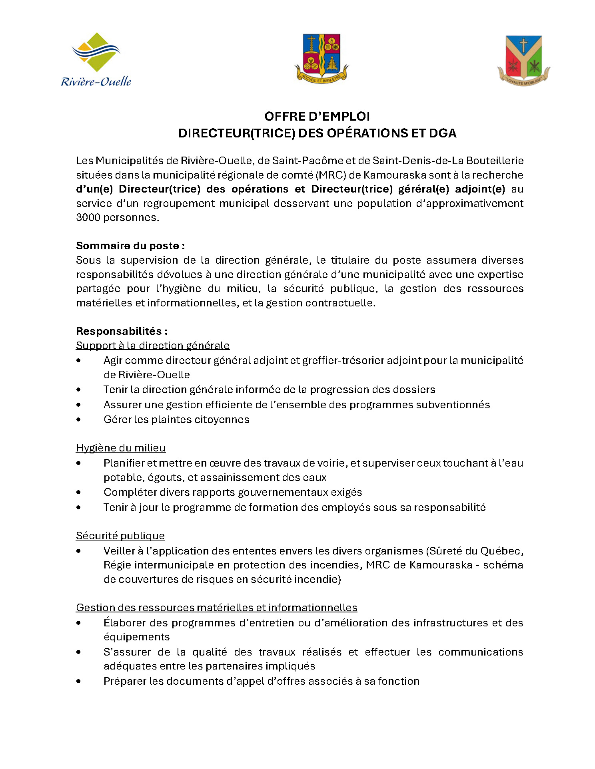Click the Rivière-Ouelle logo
96,59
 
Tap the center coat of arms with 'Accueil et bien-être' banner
321,58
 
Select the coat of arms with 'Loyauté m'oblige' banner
523,60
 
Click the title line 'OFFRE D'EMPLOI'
317,116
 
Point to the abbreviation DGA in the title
443,133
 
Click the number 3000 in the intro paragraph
88,218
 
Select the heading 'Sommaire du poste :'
130,246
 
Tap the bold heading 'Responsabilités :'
122,331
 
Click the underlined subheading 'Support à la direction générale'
153,346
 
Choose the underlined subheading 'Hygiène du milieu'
121,448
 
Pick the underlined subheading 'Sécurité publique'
120,536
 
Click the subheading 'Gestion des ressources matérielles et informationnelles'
216,608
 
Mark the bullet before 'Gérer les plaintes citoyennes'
78,419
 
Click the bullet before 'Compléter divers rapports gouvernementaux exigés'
78,493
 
